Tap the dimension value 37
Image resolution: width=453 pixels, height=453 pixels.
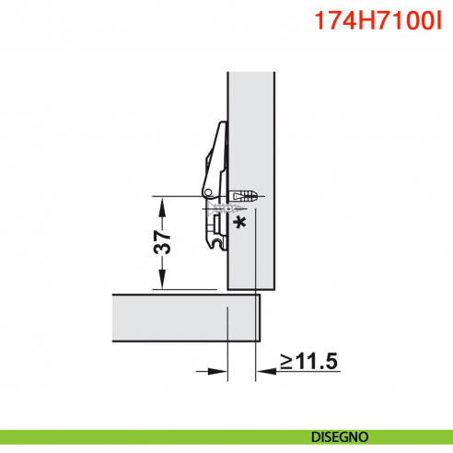[x=162, y=242]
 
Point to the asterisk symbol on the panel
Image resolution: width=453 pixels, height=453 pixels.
[x=241, y=223]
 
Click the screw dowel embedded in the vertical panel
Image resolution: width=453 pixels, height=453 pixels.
[x=243, y=196]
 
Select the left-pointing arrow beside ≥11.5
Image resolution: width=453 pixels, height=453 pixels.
[x=263, y=373]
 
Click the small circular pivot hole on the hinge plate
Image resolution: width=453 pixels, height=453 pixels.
[x=210, y=192]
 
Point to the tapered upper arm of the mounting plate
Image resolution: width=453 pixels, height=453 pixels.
[x=217, y=147]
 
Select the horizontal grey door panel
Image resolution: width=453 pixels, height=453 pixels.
[x=184, y=316]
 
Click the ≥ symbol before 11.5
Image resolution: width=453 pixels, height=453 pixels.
[x=287, y=361]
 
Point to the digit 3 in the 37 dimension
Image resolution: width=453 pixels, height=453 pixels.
[x=162, y=250]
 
